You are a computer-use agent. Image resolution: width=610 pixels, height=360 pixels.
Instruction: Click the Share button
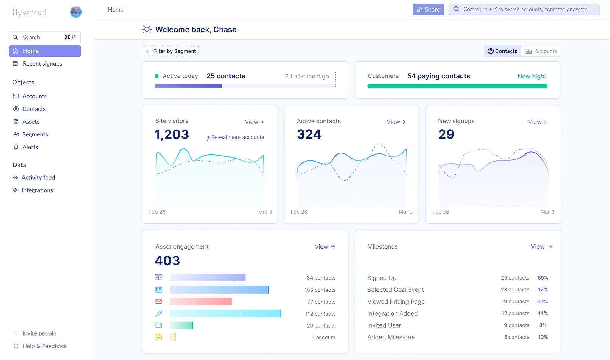pyautogui.click(x=428, y=9)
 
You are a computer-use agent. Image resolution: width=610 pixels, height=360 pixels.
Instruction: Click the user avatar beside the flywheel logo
pyautogui.click(x=76, y=12)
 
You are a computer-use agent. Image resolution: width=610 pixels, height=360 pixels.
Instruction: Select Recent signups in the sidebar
pyautogui.click(x=42, y=64)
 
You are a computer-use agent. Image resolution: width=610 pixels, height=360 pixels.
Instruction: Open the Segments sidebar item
pyautogui.click(x=35, y=134)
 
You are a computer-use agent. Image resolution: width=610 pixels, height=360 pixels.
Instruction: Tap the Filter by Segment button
pyautogui.click(x=170, y=51)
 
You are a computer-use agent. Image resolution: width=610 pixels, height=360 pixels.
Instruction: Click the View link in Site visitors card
pyautogui.click(x=254, y=122)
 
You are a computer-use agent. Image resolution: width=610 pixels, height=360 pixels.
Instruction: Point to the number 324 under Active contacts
pyautogui.click(x=309, y=134)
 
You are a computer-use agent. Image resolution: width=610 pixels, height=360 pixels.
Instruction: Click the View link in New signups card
pyautogui.click(x=537, y=122)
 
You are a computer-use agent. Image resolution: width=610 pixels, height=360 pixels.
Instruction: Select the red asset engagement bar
pyautogui.click(x=200, y=302)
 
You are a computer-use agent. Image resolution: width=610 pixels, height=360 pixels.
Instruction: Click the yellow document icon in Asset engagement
pyautogui.click(x=159, y=337)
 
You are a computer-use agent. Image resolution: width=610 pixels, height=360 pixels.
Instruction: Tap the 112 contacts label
pyautogui.click(x=320, y=314)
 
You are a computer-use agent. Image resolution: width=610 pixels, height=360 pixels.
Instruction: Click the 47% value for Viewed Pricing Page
pyautogui.click(x=543, y=302)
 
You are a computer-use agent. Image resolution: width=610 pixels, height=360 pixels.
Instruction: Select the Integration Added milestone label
pyautogui.click(x=392, y=314)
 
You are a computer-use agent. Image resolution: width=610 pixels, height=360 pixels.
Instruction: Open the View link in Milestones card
pyautogui.click(x=541, y=246)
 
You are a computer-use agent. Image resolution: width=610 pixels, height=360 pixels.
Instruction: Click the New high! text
pyautogui.click(x=532, y=76)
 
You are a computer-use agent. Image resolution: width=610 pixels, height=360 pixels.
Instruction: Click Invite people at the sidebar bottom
pyautogui.click(x=39, y=333)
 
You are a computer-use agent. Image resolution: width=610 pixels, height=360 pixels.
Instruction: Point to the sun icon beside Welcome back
pyautogui.click(x=147, y=29)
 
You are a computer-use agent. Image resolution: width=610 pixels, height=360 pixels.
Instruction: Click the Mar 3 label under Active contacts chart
pyautogui.click(x=405, y=212)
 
